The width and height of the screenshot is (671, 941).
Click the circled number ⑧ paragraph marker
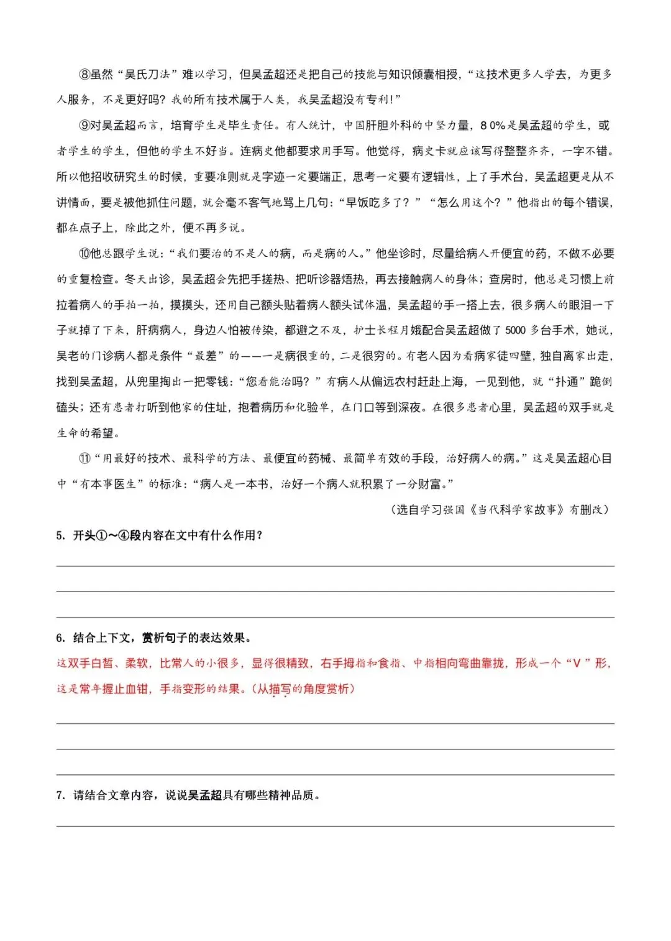(84, 75)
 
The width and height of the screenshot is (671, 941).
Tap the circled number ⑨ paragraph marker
(84, 126)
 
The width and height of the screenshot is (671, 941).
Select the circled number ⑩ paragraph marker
(84, 254)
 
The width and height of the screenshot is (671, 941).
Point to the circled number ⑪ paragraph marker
(84, 458)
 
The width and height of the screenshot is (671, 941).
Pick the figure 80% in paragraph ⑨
(493, 126)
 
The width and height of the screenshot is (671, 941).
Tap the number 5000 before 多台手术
(515, 330)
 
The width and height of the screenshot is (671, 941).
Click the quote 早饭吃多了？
(379, 203)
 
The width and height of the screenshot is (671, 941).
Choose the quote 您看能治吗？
(280, 381)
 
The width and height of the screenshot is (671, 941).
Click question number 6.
(60, 638)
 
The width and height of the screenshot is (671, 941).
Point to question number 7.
(60, 795)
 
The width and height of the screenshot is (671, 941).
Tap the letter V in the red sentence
(577, 664)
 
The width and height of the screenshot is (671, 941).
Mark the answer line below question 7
(335, 825)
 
